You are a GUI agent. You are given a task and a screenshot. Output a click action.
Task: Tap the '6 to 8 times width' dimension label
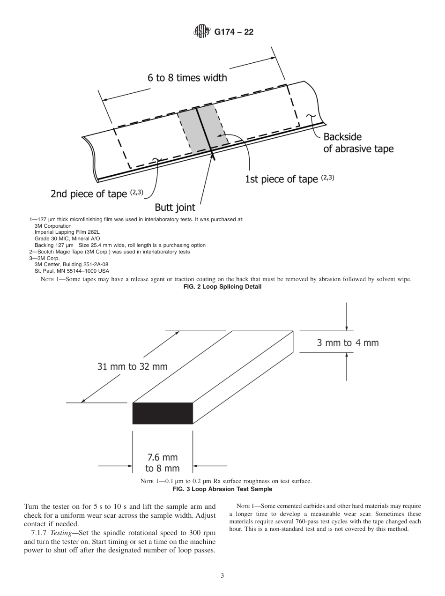[187, 78]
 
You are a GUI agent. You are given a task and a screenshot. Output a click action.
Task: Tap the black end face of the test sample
[163, 413]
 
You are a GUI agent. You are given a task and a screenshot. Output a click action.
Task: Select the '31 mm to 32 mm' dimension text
[133, 366]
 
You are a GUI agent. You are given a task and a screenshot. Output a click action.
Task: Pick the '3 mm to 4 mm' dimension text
[348, 343]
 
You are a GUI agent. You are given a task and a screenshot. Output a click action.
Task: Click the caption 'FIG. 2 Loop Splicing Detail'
[223, 287]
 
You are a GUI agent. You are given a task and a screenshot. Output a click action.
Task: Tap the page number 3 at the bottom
[222, 576]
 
